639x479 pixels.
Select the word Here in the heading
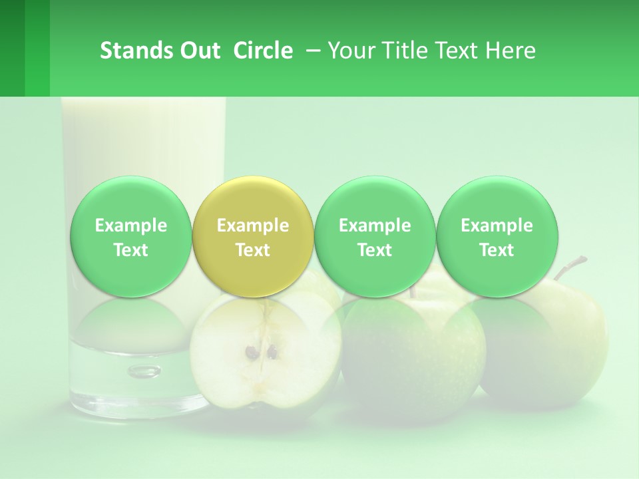click(511, 51)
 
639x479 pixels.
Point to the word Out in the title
click(200, 51)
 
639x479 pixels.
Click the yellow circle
click(252, 237)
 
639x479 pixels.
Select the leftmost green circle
click(130, 237)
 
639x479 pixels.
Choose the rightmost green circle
click(497, 237)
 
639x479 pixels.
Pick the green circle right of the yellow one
click(375, 237)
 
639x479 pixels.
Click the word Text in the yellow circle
click(252, 250)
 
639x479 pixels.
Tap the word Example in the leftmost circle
click(130, 226)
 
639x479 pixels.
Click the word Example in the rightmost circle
click(497, 226)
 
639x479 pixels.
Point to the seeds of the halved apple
click(261, 351)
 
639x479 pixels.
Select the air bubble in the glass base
click(144, 371)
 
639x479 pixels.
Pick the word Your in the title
click(348, 51)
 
